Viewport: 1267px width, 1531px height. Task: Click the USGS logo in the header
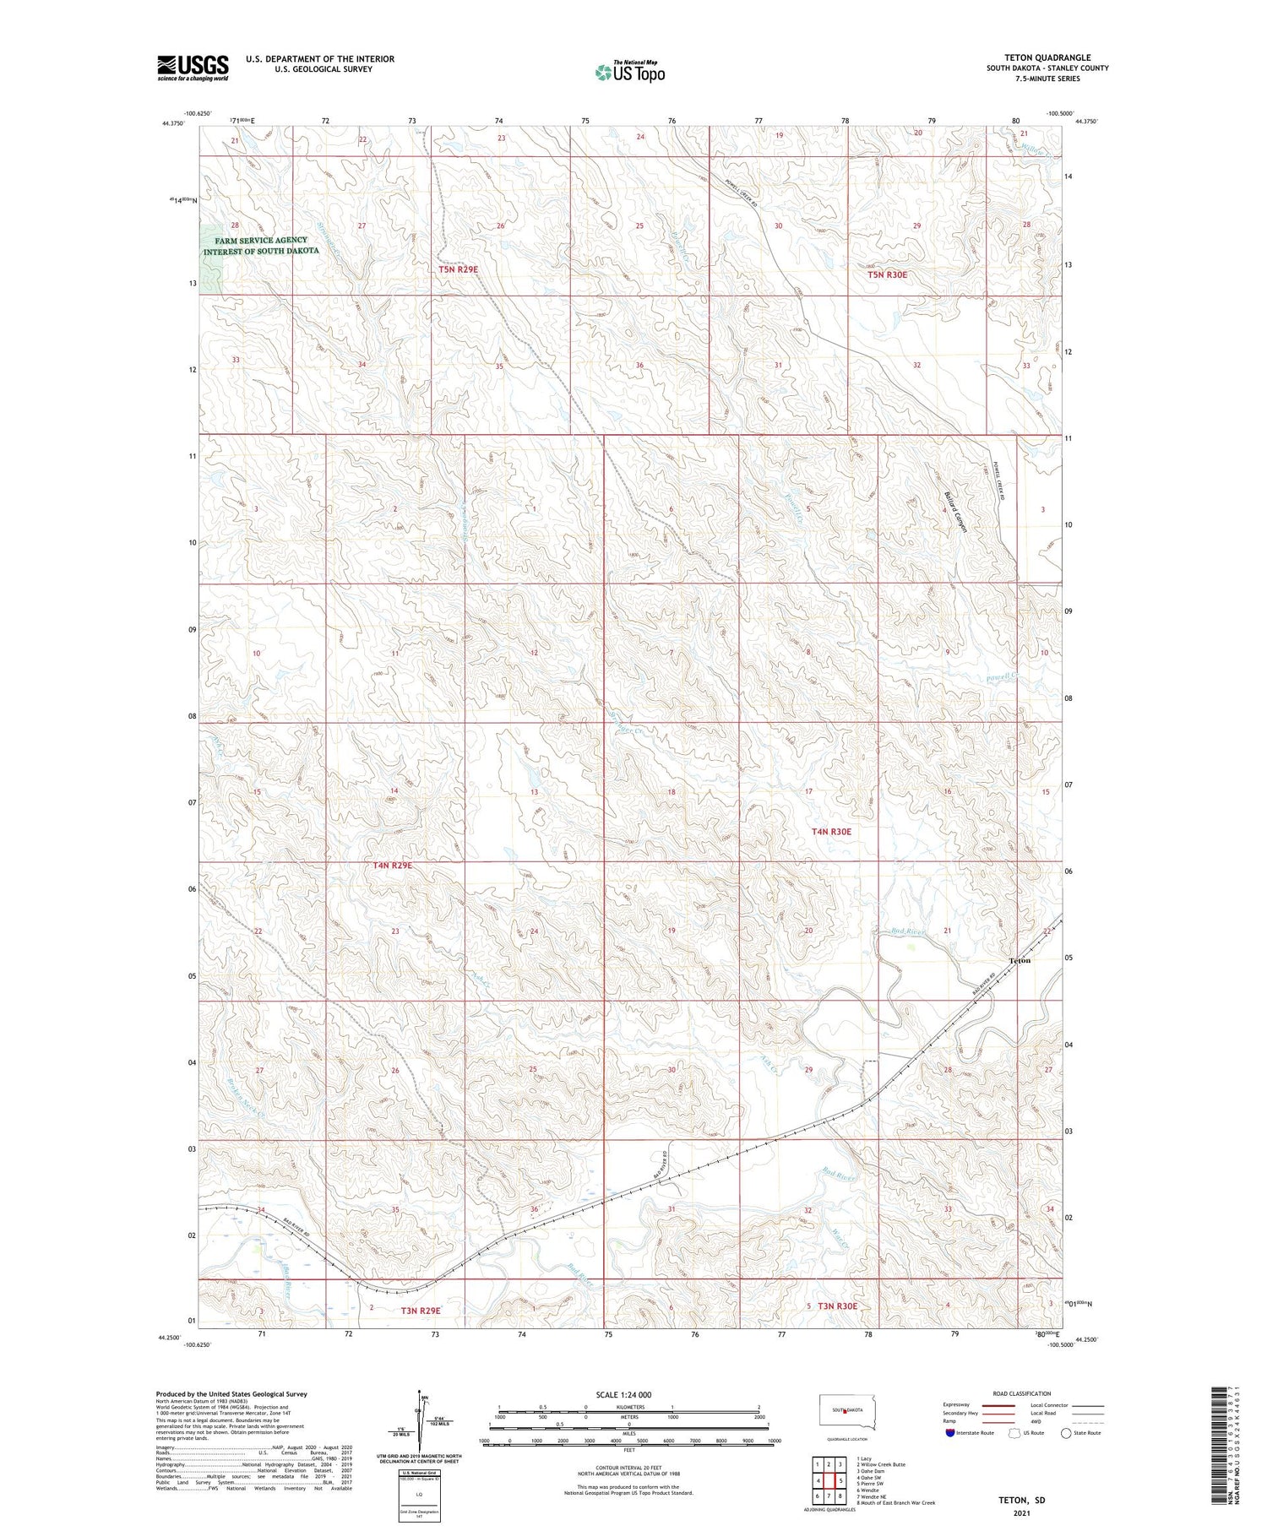[x=193, y=68]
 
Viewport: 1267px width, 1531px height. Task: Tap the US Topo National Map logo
[x=629, y=72]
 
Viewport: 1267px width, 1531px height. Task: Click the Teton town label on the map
[x=1020, y=960]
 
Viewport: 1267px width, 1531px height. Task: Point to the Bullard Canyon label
[x=954, y=501]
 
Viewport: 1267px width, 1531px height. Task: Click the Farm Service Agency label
[x=261, y=246]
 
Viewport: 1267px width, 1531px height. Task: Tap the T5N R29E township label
[x=458, y=269]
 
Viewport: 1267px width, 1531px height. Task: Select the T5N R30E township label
[x=888, y=274]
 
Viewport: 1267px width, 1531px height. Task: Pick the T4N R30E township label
[x=831, y=832]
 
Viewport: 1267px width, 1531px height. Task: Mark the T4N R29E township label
[x=392, y=866]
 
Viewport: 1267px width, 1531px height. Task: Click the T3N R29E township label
[x=421, y=1311]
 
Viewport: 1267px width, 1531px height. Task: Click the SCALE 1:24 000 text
[x=623, y=1394]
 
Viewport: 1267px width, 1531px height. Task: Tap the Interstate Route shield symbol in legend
[x=950, y=1432]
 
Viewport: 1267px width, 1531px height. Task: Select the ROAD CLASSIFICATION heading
[x=1021, y=1393]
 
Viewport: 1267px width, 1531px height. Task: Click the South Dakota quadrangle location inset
[x=848, y=1412]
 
